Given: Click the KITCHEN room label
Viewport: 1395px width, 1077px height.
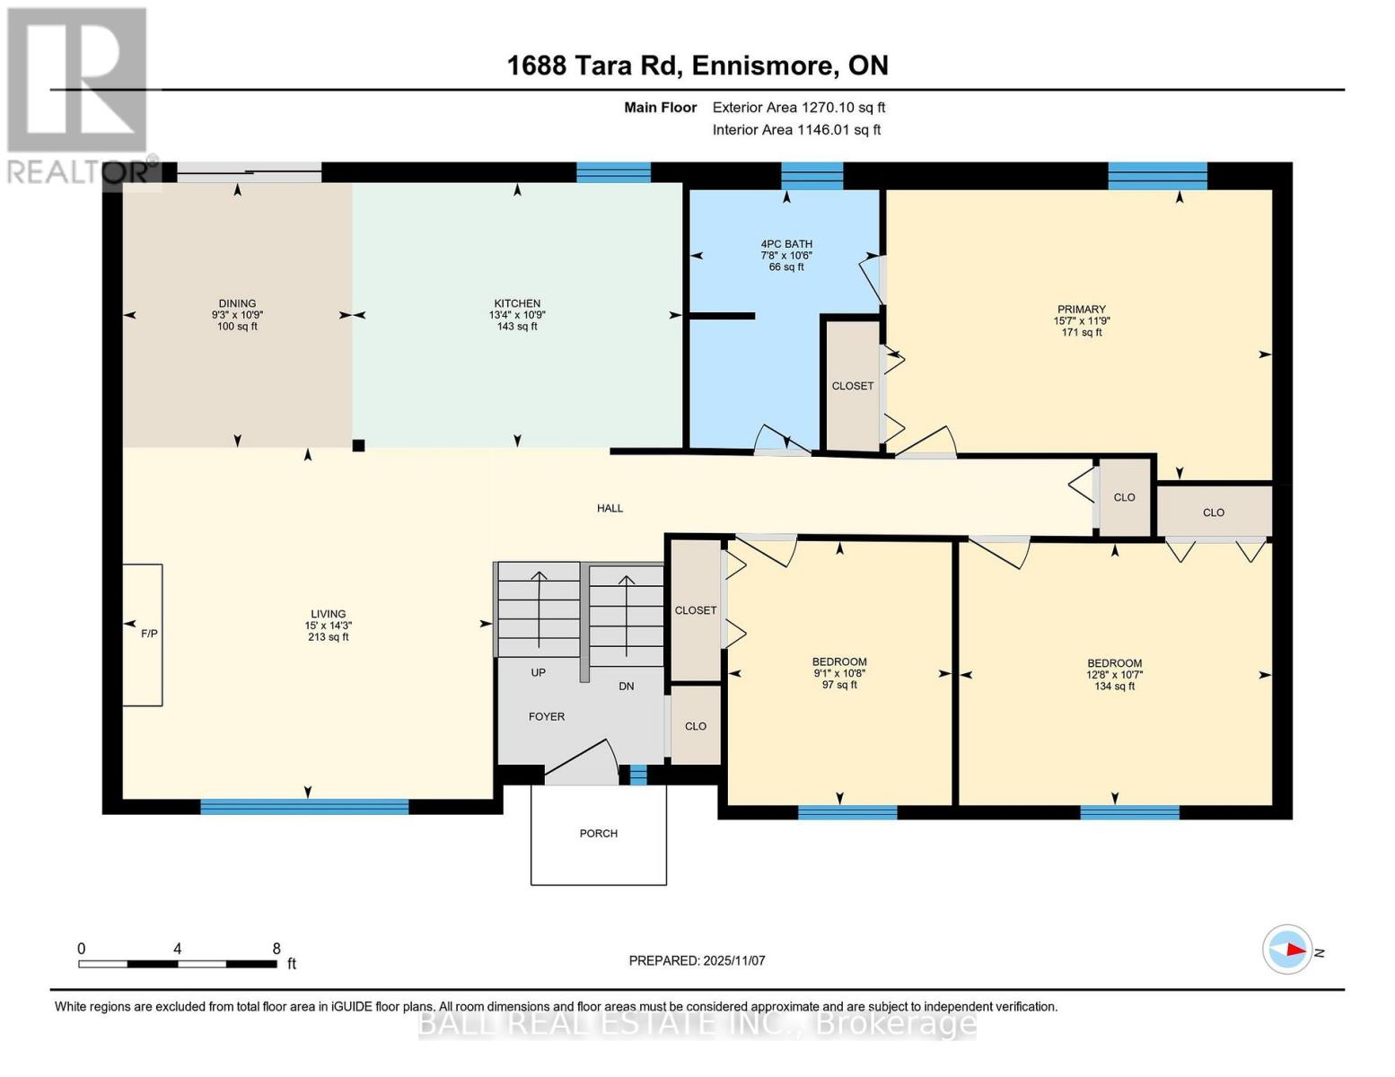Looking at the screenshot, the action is [517, 303].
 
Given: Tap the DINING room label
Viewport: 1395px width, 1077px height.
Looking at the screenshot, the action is [237, 303].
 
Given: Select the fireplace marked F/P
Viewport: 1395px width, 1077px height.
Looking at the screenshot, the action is [143, 635].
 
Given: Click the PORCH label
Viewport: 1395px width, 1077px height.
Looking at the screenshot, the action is [599, 833].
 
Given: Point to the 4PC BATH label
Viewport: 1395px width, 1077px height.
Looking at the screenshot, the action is [786, 244].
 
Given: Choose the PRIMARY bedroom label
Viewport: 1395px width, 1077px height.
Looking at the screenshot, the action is [1081, 309].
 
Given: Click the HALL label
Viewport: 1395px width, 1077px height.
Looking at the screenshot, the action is [610, 508].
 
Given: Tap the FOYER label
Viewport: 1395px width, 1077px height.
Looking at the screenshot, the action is [547, 716].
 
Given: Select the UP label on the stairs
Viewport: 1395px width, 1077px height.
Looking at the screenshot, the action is [538, 672].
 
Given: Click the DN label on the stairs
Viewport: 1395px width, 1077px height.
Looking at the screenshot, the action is [626, 686].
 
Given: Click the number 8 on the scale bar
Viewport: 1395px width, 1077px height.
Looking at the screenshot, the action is [276, 949].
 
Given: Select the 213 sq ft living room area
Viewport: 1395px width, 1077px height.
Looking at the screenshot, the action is [328, 636].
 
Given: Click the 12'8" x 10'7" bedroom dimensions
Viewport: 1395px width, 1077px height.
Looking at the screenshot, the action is [1114, 675].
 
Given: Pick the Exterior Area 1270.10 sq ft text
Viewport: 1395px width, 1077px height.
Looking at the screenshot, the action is [799, 108].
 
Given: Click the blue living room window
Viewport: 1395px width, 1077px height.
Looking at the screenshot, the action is [304, 807].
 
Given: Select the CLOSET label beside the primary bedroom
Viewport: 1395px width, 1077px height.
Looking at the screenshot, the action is [853, 386].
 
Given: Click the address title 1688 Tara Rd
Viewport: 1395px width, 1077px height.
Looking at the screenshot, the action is [593, 66].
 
